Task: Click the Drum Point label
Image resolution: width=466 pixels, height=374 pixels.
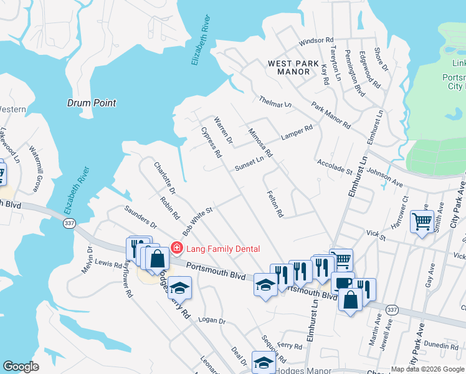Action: pos(91,103)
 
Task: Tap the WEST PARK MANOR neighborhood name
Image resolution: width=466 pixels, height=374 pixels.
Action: pos(289,67)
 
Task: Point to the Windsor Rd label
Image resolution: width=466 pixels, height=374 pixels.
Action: pos(313,42)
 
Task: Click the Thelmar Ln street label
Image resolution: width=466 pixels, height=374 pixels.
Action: pos(275,102)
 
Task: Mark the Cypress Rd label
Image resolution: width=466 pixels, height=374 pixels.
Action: pos(212,142)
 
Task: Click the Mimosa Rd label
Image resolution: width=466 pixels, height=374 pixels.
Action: pos(260,143)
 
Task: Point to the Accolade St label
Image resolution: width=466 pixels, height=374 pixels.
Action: pos(335,167)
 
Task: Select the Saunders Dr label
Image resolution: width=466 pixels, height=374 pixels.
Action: pos(140,216)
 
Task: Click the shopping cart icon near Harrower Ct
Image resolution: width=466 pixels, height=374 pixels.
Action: pos(422,221)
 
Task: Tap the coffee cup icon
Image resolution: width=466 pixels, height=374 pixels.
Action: pos(342,283)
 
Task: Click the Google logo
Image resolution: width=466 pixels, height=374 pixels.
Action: pos(20,367)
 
